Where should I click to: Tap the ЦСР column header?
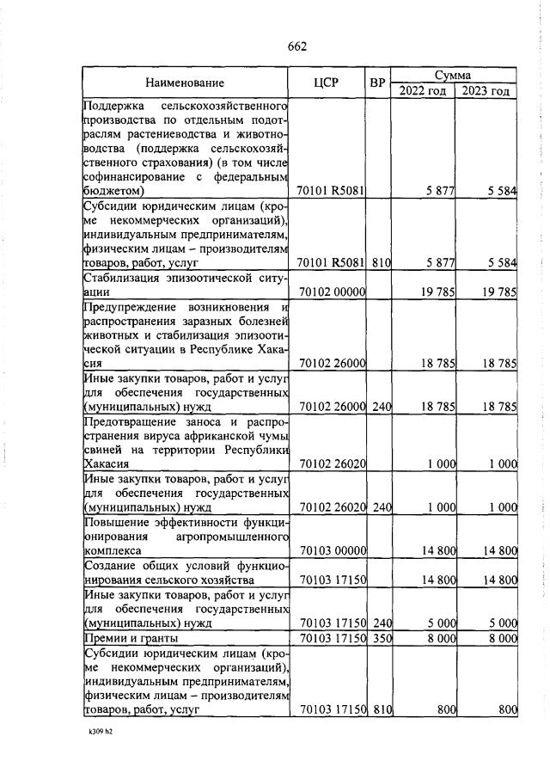tap(326, 83)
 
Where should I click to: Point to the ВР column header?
tap(376, 83)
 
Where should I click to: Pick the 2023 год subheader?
tap(486, 91)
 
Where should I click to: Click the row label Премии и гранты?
tap(130, 638)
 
